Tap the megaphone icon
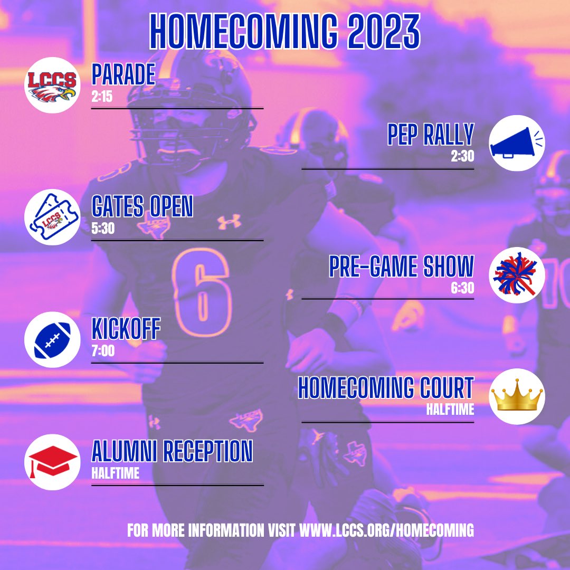pos(517,142)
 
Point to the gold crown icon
pos(517,396)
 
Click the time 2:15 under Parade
pos(102,98)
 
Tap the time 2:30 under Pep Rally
pos(462,157)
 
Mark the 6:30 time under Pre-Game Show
pos(462,288)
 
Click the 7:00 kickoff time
pos(103,351)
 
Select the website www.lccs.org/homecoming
pos(386,530)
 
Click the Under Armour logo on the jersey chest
pos(229,222)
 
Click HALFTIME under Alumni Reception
pos(115,473)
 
